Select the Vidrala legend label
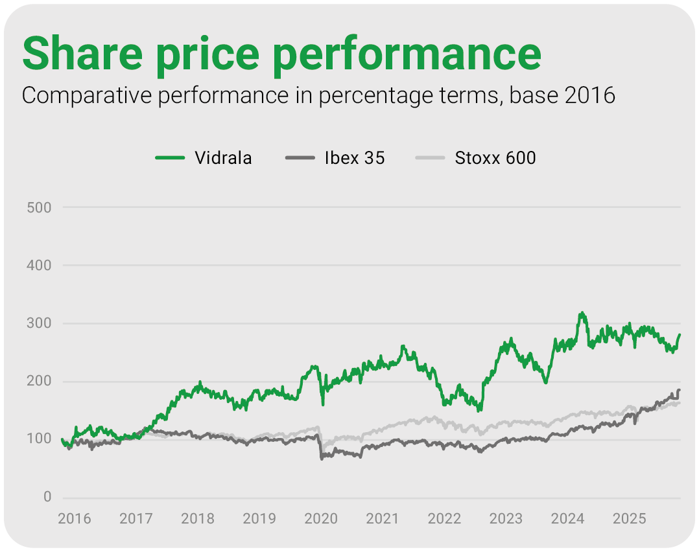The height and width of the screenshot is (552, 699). click(x=223, y=158)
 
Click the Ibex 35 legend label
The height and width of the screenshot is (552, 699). click(x=354, y=158)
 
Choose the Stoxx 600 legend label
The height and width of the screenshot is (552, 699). click(x=495, y=158)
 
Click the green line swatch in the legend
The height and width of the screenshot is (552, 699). click(x=170, y=158)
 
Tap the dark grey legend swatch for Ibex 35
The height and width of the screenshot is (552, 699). click(x=300, y=158)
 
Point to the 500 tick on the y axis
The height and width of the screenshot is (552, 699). click(x=40, y=207)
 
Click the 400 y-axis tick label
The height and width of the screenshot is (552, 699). click(x=40, y=266)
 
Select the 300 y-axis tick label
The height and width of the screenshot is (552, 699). click(x=40, y=323)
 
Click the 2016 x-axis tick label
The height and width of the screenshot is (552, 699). click(x=75, y=519)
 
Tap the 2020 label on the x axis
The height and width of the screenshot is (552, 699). click(x=321, y=519)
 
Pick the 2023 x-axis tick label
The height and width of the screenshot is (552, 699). click(x=506, y=519)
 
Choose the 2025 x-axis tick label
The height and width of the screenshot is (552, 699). click(x=629, y=519)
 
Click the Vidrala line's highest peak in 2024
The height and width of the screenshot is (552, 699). click(x=582, y=313)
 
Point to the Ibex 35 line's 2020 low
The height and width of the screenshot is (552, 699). click(x=322, y=459)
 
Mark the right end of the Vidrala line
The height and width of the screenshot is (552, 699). click(x=680, y=334)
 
